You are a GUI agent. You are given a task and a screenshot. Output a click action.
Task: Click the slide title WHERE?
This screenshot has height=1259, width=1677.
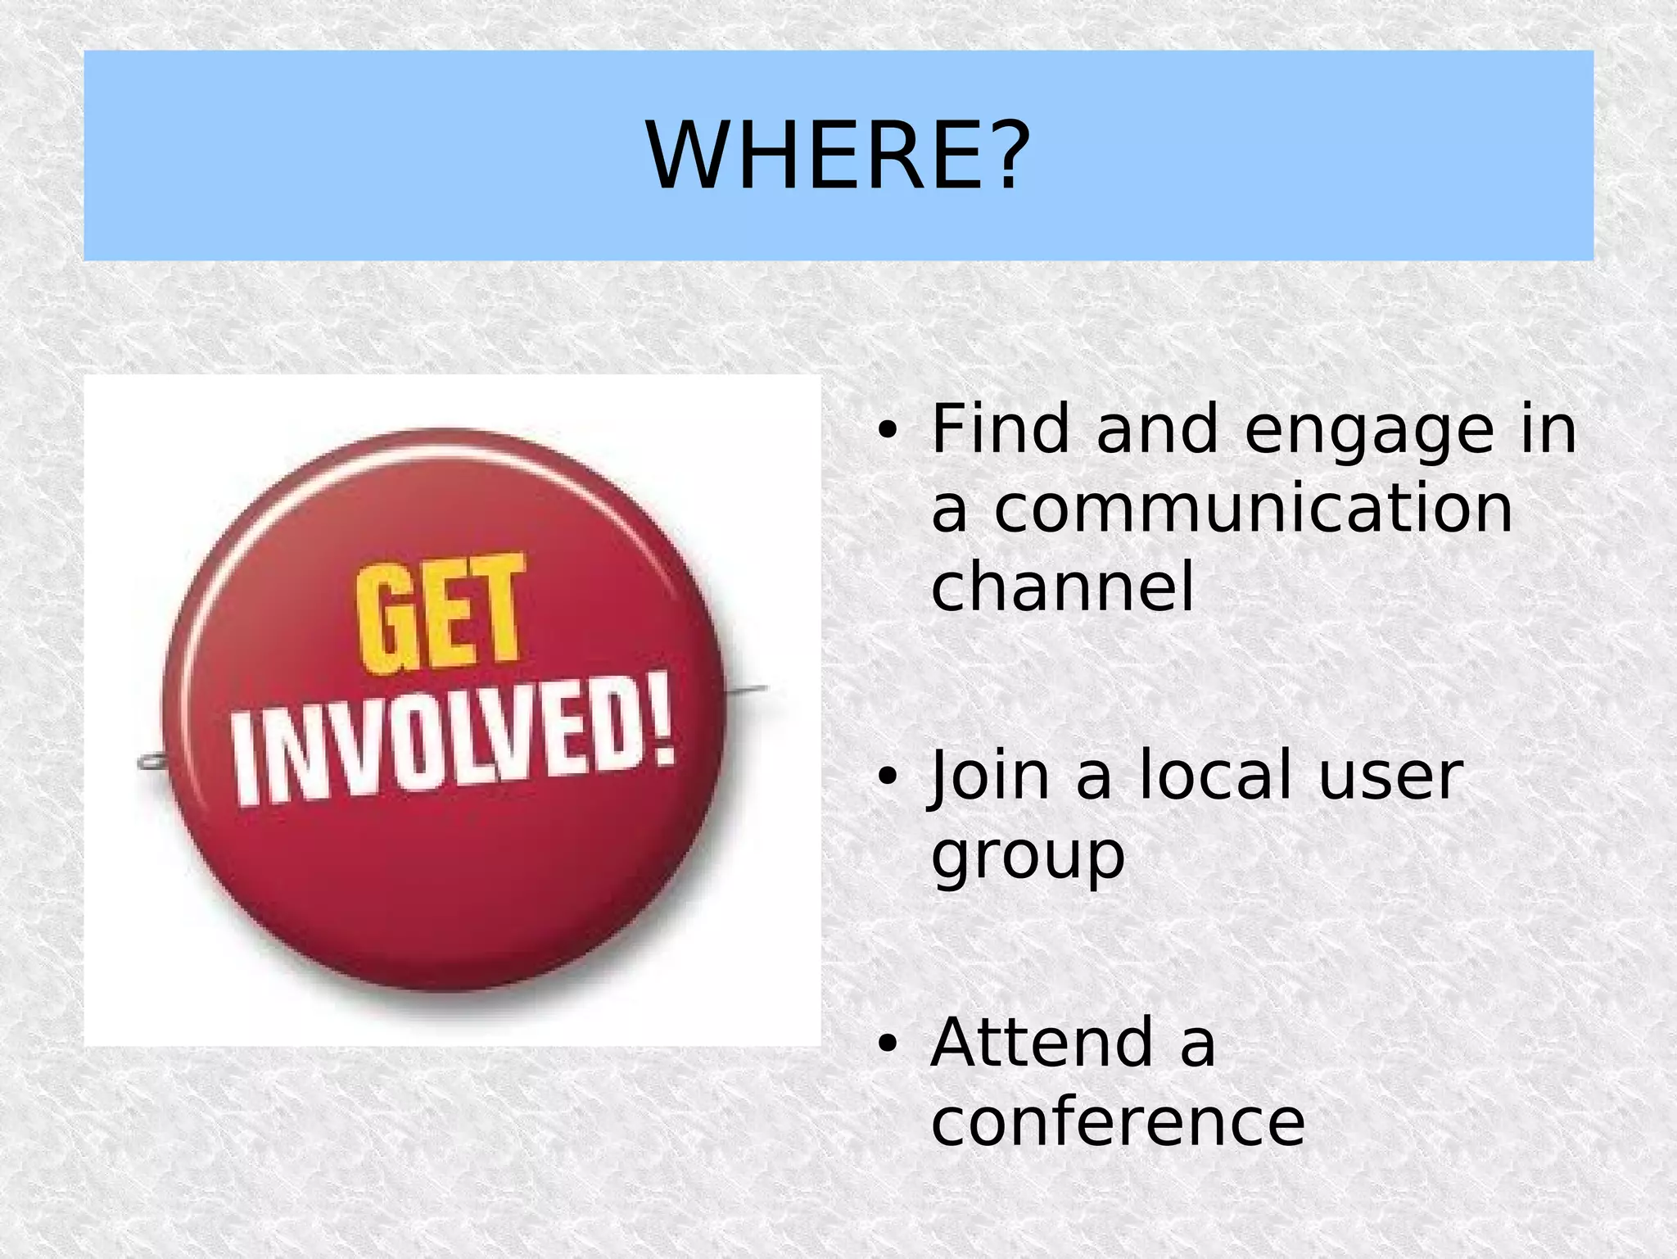pos(837,156)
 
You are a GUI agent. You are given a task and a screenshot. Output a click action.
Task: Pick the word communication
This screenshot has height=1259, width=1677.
pos(1253,509)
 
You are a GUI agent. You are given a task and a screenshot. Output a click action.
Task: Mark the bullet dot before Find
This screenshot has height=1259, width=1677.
pos(887,431)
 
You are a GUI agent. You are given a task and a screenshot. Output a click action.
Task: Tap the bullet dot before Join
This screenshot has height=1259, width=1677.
pos(887,777)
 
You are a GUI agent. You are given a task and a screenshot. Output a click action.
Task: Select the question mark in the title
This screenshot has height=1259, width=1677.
pos(1004,156)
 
